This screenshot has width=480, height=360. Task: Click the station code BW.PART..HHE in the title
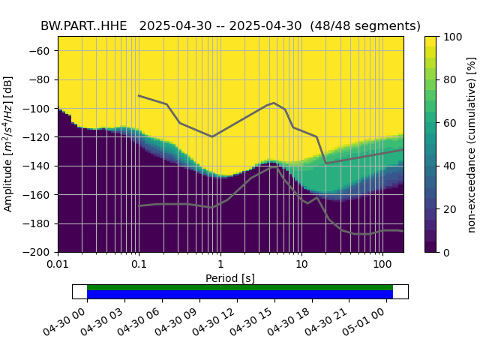[x=84, y=26]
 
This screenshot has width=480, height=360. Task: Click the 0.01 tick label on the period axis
[x=58, y=265]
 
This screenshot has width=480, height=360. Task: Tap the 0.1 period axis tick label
[x=139, y=265]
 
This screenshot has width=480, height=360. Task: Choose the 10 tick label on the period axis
[x=301, y=265]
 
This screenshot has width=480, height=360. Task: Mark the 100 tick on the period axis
[x=382, y=265]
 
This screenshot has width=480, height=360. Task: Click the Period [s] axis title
[x=230, y=278]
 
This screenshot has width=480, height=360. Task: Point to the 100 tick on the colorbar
[x=451, y=36]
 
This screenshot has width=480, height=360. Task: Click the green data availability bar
[x=240, y=287]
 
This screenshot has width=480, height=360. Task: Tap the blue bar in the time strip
[x=240, y=295]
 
